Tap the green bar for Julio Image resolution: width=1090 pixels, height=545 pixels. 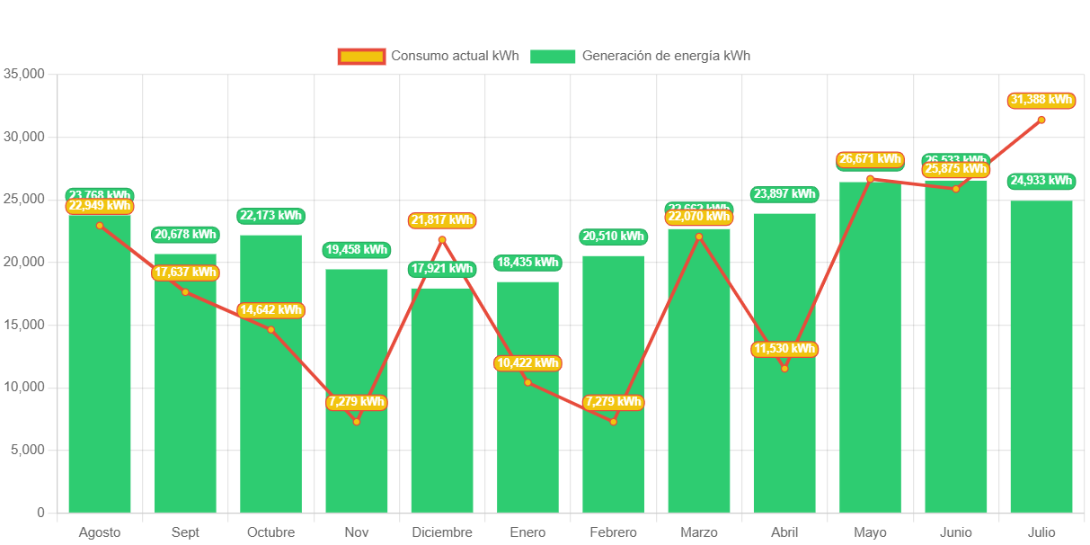pyautogui.click(x=1041, y=360)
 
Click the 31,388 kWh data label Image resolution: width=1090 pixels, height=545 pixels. pyautogui.click(x=1041, y=100)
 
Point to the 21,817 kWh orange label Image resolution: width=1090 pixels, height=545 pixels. pyautogui.click(x=442, y=220)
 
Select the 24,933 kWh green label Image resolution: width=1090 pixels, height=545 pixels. pyautogui.click(x=1041, y=181)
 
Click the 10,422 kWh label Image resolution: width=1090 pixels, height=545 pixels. pyautogui.click(x=527, y=363)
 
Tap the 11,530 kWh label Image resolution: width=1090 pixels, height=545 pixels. pyautogui.click(x=784, y=349)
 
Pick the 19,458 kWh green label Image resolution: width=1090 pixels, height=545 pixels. pyautogui.click(x=357, y=249)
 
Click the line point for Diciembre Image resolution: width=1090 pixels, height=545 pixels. pyautogui.click(x=442, y=239)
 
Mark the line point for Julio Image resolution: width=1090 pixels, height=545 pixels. pyautogui.click(x=1041, y=120)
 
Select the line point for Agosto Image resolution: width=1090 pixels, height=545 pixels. pyautogui.click(x=100, y=226)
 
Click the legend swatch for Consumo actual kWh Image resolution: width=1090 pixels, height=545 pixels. pyautogui.click(x=361, y=57)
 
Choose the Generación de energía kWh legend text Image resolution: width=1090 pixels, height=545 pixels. pyautogui.click(x=666, y=56)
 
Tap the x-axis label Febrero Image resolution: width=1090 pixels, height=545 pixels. pyautogui.click(x=613, y=532)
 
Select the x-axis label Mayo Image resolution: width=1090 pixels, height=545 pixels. pyautogui.click(x=870, y=532)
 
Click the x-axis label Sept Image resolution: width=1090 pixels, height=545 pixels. pyautogui.click(x=185, y=532)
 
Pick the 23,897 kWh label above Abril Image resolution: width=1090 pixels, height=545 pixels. pyautogui.click(x=784, y=193)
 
